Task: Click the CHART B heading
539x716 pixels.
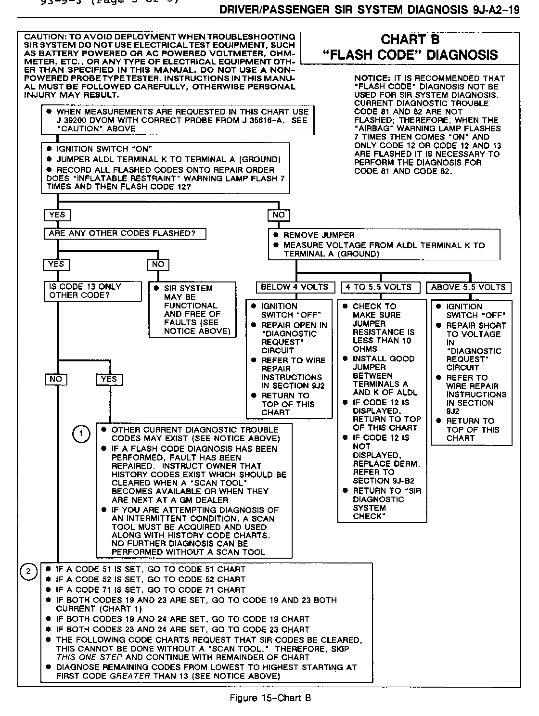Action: pyautogui.click(x=410, y=40)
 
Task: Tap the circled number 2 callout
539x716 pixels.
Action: pyautogui.click(x=29, y=571)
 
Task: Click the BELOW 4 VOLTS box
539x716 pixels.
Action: pyautogui.click(x=295, y=287)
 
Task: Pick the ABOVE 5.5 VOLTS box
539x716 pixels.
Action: pyautogui.click(x=468, y=287)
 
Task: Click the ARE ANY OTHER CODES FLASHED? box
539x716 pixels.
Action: pyautogui.click(x=125, y=234)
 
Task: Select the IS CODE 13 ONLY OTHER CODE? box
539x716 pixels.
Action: pyautogui.click(x=93, y=291)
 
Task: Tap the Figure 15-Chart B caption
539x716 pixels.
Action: pyautogui.click(x=270, y=698)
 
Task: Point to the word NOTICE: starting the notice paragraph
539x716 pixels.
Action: pyautogui.click(x=372, y=78)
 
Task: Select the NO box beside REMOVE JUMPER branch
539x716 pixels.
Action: pyautogui.click(x=279, y=215)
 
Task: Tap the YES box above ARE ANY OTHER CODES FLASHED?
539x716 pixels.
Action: pyautogui.click(x=57, y=215)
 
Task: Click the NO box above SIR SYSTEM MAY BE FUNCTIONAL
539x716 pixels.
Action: pyautogui.click(x=158, y=264)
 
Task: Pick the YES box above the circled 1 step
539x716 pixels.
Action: pyautogui.click(x=109, y=379)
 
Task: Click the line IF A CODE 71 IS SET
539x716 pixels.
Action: pyautogui.click(x=151, y=590)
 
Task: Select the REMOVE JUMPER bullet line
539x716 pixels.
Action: pyautogui.click(x=319, y=235)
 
